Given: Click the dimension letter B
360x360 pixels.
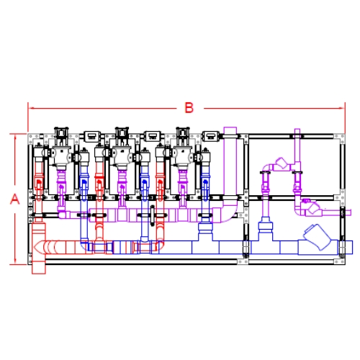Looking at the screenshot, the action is tap(189, 108).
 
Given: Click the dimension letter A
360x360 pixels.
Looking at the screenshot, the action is tap(15, 199).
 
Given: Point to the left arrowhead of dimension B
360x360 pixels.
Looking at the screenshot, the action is tap(31, 108).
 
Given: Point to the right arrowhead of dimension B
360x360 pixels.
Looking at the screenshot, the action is tap(342, 108).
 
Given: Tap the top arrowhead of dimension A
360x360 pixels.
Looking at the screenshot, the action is tap(15, 137).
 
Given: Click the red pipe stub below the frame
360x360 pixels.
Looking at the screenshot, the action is tap(39, 269).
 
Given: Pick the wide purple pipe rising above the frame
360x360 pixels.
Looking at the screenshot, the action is tap(230, 163).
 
